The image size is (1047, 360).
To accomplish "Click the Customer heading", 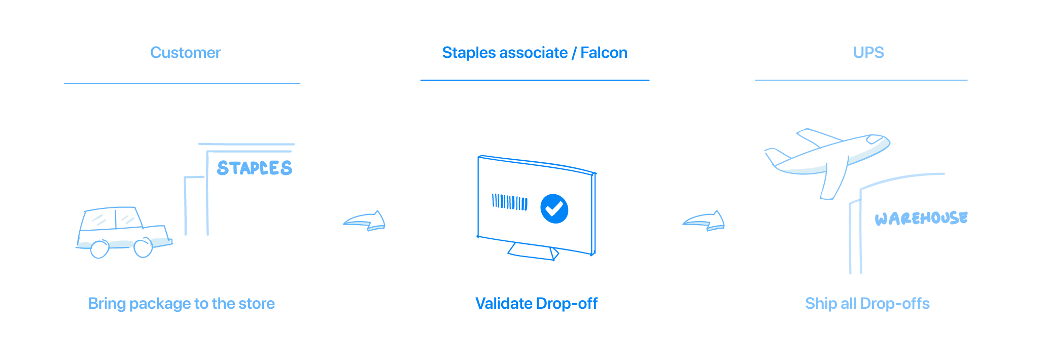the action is pyautogui.click(x=185, y=53).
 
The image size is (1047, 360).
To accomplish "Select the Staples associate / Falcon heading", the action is pyautogui.click(x=534, y=53).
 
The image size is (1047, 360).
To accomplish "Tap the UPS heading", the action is pyautogui.click(x=868, y=53).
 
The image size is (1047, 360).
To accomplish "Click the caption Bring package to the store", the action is pyautogui.click(x=182, y=303).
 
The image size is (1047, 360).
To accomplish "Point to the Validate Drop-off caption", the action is pyautogui.click(x=536, y=303).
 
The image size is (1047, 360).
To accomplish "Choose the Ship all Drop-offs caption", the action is pyautogui.click(x=867, y=303).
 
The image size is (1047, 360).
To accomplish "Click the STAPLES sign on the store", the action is pyautogui.click(x=254, y=168).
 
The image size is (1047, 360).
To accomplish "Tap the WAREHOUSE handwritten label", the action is pyautogui.click(x=921, y=219).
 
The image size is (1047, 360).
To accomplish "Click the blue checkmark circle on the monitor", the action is pyautogui.click(x=554, y=208).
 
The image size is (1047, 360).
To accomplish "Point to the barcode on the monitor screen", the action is pyautogui.click(x=509, y=202).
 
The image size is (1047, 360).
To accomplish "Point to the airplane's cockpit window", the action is pyautogui.click(x=876, y=139).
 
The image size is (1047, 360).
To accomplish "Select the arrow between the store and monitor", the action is pyautogui.click(x=365, y=221).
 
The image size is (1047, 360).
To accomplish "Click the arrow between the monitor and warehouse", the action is pyautogui.click(x=704, y=221).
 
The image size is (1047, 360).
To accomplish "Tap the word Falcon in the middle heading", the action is pyautogui.click(x=604, y=53).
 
